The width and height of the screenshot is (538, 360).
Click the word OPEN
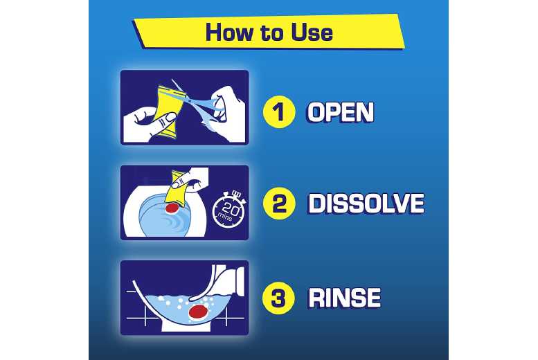340,112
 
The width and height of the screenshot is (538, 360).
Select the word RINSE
344,298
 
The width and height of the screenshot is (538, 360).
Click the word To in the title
270,32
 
